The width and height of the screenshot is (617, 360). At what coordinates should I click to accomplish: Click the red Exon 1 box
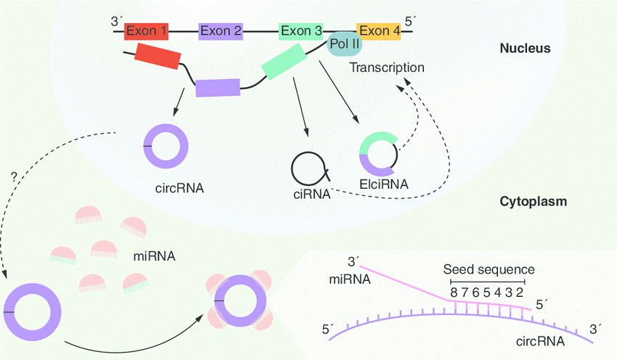(x=147, y=31)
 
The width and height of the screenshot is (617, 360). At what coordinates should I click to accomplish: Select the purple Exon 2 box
(x=220, y=31)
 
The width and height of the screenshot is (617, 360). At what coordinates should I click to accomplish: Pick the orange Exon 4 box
(x=378, y=31)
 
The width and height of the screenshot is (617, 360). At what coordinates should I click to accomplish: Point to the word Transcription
(x=386, y=67)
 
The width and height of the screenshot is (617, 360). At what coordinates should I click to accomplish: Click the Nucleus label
(x=526, y=49)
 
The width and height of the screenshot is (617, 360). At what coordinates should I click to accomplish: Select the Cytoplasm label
(x=534, y=201)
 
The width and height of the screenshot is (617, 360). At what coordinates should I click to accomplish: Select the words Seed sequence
(x=489, y=269)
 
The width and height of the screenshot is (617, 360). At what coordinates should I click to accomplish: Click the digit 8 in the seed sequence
(x=454, y=292)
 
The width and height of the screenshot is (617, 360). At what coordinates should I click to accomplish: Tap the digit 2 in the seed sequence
(x=520, y=292)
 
